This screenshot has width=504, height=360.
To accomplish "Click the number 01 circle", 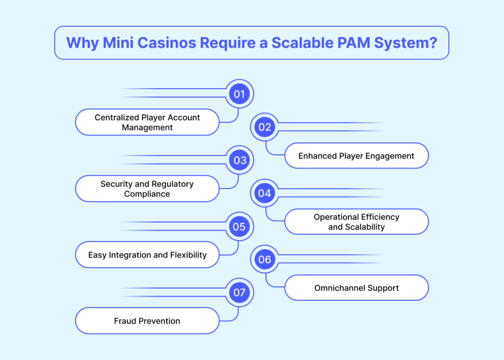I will click(x=239, y=94).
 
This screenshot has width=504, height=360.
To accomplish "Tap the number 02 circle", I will click(x=265, y=127).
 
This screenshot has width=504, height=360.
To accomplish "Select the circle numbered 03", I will click(x=239, y=161).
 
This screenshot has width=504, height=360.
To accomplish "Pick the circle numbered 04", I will click(x=265, y=194).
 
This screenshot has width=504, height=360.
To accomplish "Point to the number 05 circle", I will click(x=239, y=227).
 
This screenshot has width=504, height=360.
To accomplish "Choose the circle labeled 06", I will click(x=265, y=260).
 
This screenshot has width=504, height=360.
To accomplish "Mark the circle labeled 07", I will click(x=239, y=293).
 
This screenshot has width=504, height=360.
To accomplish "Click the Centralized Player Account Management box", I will click(x=147, y=122).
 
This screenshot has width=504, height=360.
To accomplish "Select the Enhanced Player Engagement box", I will click(x=356, y=156).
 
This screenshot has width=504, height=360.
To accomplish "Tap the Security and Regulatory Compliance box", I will click(x=147, y=189).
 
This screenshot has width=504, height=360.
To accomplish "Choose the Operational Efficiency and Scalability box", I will click(x=356, y=222).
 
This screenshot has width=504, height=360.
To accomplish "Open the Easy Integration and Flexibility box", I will click(x=147, y=255).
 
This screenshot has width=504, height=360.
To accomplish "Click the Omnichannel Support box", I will click(x=356, y=288).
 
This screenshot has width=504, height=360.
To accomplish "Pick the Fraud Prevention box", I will click(x=147, y=321).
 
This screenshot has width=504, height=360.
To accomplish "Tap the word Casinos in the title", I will click(x=167, y=43).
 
